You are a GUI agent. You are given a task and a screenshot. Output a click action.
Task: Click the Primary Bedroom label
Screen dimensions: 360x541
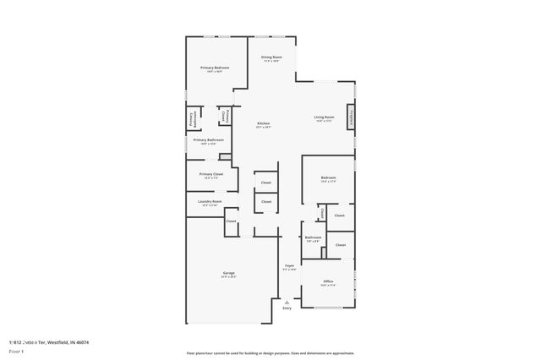click(x=215, y=68)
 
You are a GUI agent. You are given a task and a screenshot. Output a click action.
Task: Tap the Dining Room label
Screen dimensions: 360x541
click(x=272, y=57)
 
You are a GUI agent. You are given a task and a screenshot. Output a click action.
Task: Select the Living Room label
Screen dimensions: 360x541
click(x=325, y=117)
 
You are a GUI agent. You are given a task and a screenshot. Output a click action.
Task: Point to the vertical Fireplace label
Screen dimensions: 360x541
click(x=352, y=117)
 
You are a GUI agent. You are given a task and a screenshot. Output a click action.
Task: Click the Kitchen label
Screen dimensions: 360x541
click(x=264, y=123)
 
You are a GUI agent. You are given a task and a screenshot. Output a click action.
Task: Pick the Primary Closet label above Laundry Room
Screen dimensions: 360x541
click(x=211, y=174)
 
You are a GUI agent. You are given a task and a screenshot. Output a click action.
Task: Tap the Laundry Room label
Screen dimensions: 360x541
click(x=210, y=201)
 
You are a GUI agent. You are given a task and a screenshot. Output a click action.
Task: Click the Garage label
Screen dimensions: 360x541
click(x=229, y=272)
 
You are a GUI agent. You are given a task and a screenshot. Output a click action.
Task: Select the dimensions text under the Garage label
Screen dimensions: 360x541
click(x=229, y=276)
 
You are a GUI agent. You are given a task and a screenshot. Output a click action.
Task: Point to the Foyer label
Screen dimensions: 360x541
click(x=289, y=265)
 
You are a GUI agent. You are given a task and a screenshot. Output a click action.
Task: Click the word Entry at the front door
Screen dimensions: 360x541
click(x=287, y=308)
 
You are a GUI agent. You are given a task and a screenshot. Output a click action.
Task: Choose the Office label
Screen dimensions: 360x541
click(x=328, y=281)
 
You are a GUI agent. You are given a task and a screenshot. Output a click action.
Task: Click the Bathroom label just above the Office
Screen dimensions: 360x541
click(x=313, y=237)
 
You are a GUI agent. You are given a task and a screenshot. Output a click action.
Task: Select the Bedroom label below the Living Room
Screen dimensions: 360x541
click(x=328, y=177)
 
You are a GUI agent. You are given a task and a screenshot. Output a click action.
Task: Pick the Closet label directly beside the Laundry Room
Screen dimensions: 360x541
click(x=231, y=221)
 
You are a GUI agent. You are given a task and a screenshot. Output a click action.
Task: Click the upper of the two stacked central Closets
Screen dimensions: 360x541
click(x=265, y=183)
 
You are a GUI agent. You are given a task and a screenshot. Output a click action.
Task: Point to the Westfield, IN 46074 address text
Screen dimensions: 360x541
click(x=67, y=342)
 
